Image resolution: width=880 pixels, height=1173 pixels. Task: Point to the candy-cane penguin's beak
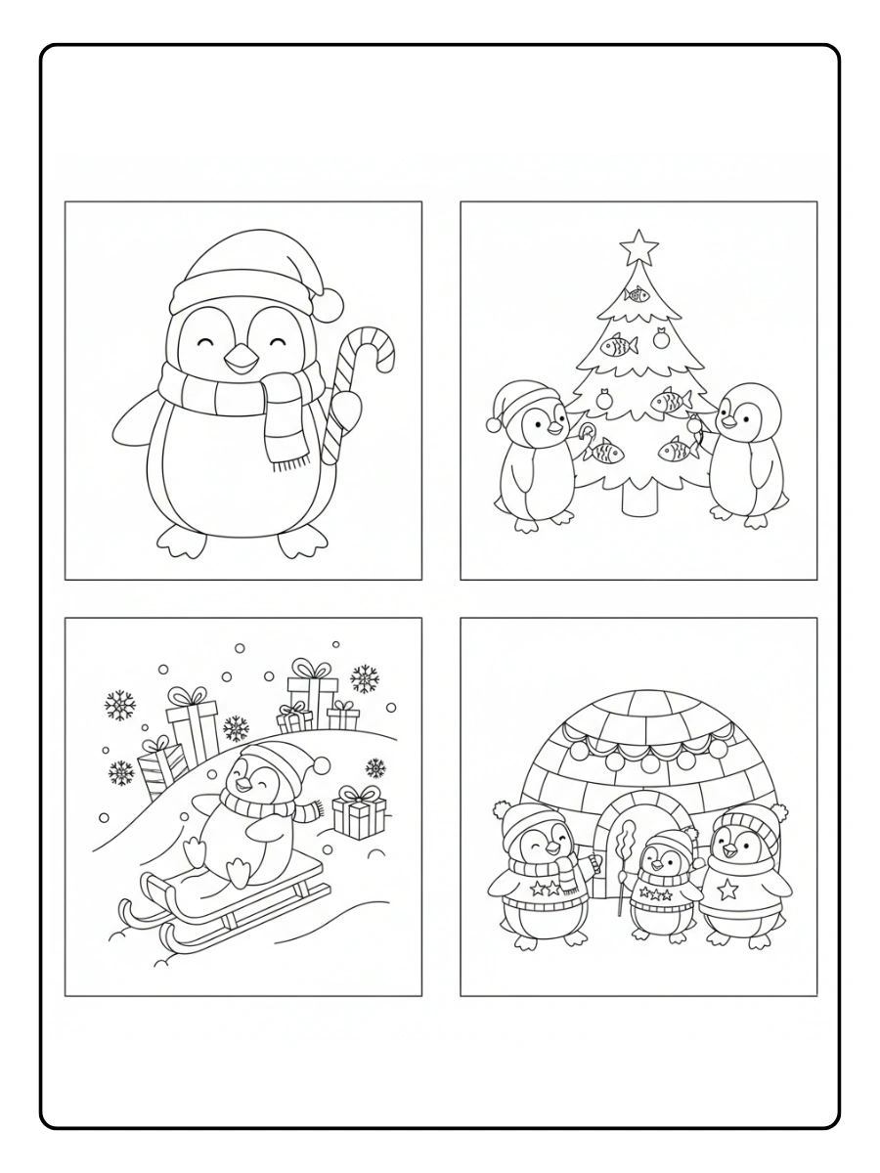(x=239, y=362)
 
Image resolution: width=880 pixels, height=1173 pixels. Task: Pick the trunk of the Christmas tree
(x=638, y=499)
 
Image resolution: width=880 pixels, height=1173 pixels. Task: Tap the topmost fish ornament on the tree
(x=638, y=293)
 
